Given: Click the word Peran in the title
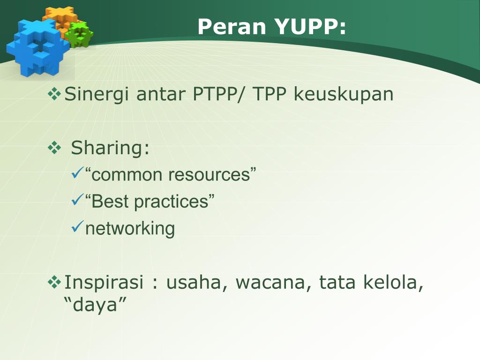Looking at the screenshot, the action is (232, 27).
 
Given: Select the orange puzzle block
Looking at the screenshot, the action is (61, 20).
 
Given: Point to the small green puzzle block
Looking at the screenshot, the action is (79, 34).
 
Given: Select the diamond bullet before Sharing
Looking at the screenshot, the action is (55, 148).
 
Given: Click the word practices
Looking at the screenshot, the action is (172, 202).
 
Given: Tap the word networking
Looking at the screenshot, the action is (130, 229).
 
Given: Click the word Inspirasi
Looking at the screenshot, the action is (104, 282).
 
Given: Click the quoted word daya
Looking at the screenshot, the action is (95, 305).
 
